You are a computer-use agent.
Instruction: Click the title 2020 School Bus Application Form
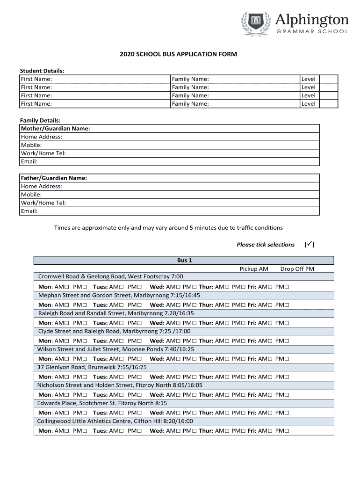(178, 54)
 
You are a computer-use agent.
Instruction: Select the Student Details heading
(42, 71)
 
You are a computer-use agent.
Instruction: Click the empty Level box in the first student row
(328, 79)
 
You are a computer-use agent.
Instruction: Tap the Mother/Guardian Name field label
(55, 129)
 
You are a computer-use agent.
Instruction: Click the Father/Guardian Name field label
(54, 178)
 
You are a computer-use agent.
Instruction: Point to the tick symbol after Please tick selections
(309, 245)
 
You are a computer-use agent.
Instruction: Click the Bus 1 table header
(184, 260)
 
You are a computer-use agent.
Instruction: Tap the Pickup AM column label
(254, 269)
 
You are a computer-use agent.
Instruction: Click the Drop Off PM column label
(297, 269)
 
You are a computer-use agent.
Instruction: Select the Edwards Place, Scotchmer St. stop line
(102, 403)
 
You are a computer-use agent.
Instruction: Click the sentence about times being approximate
(168, 228)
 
